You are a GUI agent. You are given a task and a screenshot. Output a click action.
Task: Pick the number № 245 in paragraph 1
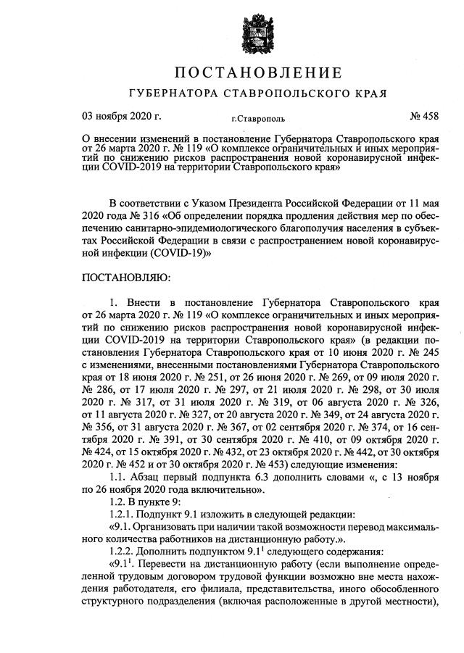pyautogui.click(x=420, y=354)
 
